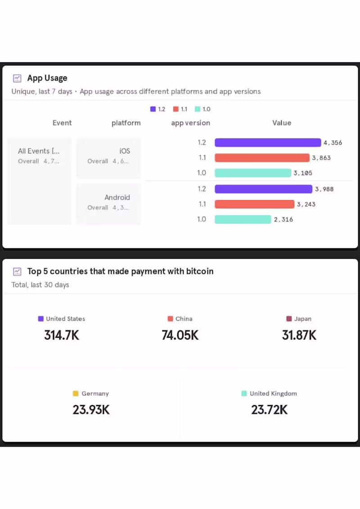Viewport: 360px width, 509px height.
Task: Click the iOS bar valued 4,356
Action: [268, 143]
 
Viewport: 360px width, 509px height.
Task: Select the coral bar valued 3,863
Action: [262, 158]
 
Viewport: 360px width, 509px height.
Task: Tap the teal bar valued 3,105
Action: [253, 173]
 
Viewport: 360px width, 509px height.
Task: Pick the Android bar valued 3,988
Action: [263, 189]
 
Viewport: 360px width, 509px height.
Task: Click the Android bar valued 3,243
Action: [254, 204]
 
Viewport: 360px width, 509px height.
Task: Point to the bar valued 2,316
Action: [243, 219]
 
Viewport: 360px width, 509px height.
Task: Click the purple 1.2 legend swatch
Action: [153, 109]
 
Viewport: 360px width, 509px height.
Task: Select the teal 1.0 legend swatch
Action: [198, 109]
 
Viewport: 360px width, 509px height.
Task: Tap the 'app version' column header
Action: [190, 123]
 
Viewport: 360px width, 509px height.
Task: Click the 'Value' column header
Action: [282, 123]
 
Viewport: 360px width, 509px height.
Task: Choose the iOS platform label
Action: [125, 151]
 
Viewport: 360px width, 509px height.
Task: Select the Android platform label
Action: [117, 197]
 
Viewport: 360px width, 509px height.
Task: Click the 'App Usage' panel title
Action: [47, 78]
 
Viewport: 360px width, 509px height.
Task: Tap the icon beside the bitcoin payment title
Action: [17, 272]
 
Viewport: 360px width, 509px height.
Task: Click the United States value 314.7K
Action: [62, 335]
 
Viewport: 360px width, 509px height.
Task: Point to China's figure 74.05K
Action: [180, 335]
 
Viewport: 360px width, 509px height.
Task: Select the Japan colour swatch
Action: [289, 319]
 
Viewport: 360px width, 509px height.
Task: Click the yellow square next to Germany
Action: [76, 393]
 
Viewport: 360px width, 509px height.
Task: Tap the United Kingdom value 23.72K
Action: [269, 410]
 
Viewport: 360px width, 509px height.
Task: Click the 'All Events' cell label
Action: [39, 151]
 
